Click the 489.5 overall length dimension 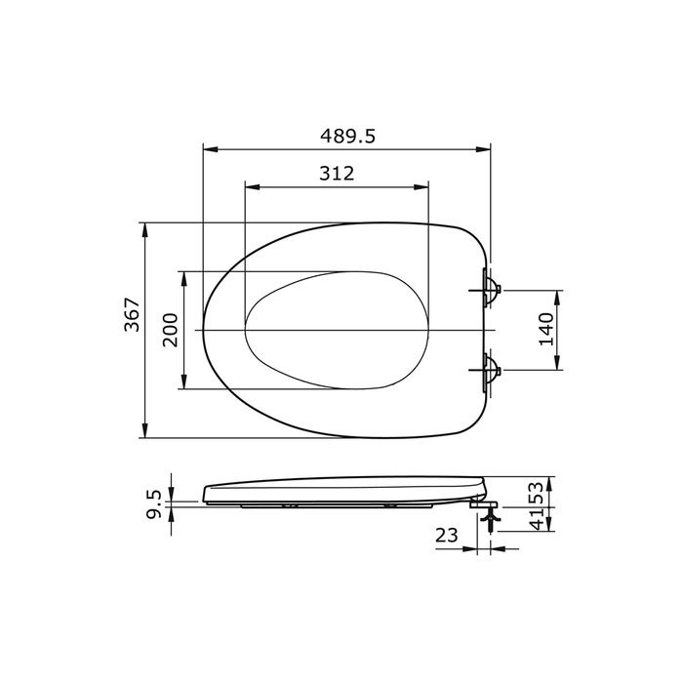point(347,136)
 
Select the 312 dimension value point(337,174)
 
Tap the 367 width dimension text point(132,314)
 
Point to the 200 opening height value point(171,330)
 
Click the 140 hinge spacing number point(546,330)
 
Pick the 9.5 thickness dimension point(154,504)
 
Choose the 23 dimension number point(447,536)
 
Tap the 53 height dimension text point(538,493)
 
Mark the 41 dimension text point(538,519)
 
